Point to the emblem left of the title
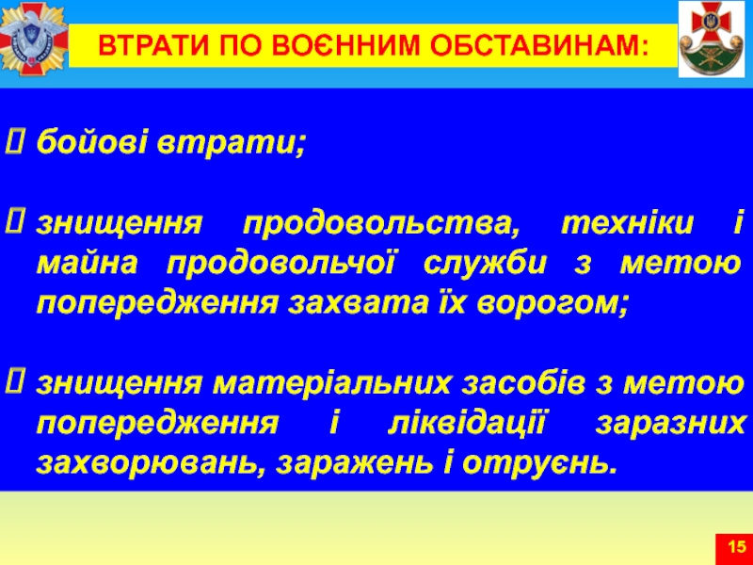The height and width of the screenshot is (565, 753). (x=34, y=39)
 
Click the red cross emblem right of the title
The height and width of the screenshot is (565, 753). (x=712, y=39)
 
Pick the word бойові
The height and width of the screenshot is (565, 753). (x=91, y=141)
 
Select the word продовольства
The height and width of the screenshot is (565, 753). (x=381, y=225)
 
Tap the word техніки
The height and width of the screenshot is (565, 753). (x=627, y=224)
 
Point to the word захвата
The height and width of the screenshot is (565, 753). (x=358, y=303)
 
